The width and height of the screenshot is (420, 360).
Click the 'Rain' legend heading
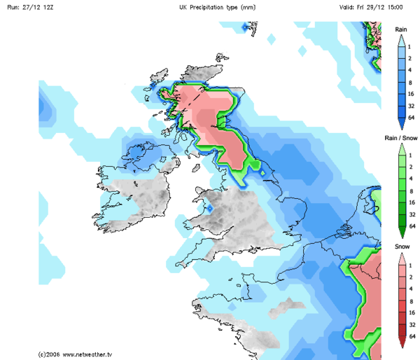pos(401,29)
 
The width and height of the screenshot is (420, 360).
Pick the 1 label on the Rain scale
pos(412,46)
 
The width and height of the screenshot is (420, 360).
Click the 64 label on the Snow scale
pos(412,337)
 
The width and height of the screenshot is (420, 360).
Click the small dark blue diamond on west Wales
pos(210,208)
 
